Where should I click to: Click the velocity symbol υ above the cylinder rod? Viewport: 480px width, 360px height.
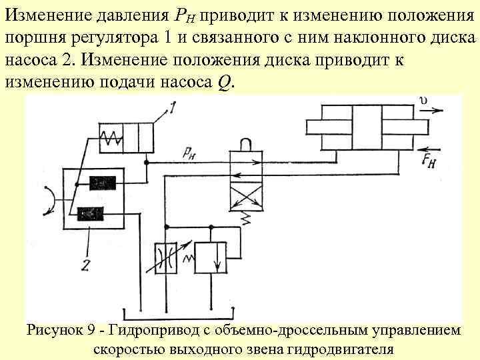coord(425,101)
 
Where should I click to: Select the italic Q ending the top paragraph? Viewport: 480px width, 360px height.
coord(223,84)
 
